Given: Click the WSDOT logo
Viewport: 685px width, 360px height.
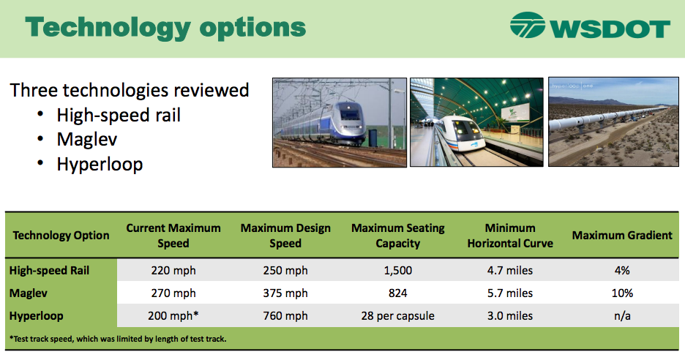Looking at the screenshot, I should coord(590,28).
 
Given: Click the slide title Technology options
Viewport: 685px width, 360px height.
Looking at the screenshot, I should coord(165,27).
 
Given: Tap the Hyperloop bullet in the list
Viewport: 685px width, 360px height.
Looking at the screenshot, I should coord(100,164).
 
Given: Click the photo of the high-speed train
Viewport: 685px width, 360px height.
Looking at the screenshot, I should coord(339,122).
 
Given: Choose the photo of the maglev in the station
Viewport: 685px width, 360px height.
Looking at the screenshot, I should coord(476,122).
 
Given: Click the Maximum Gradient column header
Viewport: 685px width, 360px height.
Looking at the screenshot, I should coord(622,236).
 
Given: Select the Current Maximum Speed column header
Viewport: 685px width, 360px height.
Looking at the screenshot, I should coord(173,236).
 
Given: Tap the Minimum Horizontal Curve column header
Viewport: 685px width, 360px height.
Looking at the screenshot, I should coord(510,236).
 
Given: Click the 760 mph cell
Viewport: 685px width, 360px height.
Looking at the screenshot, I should coord(285,316).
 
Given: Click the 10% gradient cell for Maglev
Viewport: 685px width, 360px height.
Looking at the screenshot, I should coord(622,293).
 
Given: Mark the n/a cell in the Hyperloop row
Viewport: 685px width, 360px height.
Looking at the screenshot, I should coord(622,316).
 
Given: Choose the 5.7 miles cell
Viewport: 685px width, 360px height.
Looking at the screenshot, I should coord(510,293).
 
